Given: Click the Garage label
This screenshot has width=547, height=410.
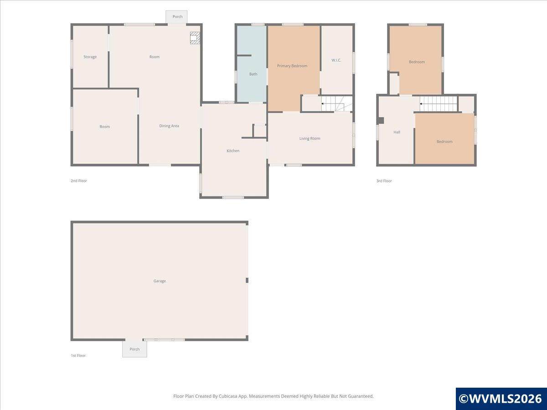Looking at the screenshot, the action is click(160, 281).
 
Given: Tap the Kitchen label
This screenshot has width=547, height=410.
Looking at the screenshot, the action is click(233, 151).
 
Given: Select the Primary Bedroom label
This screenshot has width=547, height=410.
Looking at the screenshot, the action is click(292, 66).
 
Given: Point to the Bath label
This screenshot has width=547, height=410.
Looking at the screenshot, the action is click(253, 74).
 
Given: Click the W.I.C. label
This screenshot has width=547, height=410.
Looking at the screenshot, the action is click(336, 60).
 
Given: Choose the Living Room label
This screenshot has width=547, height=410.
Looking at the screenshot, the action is click(310, 138).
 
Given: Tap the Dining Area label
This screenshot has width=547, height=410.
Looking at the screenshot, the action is click(169, 126).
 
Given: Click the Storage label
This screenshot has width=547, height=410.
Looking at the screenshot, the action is click(90, 57).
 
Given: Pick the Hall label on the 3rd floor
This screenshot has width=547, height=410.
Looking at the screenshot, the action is click(397, 132).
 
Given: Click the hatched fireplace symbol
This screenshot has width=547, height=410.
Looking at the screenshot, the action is click(195, 38).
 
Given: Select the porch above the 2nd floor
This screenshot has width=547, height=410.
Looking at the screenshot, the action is click(176, 17).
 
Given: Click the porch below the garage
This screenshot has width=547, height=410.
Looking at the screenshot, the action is click(134, 349).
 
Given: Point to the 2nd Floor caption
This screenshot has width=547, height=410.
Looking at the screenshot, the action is click(79, 181).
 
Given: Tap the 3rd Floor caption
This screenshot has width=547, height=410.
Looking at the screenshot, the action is click(384, 181).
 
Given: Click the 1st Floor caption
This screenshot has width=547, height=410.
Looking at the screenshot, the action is click(78, 355).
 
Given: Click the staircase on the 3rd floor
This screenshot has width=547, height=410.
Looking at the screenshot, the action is click(439, 104).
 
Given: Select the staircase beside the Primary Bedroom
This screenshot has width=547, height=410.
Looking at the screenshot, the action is click(336, 103).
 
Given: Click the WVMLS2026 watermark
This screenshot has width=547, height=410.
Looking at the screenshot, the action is click(501, 399).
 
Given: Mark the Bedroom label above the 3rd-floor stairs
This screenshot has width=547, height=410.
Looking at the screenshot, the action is click(417, 62).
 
